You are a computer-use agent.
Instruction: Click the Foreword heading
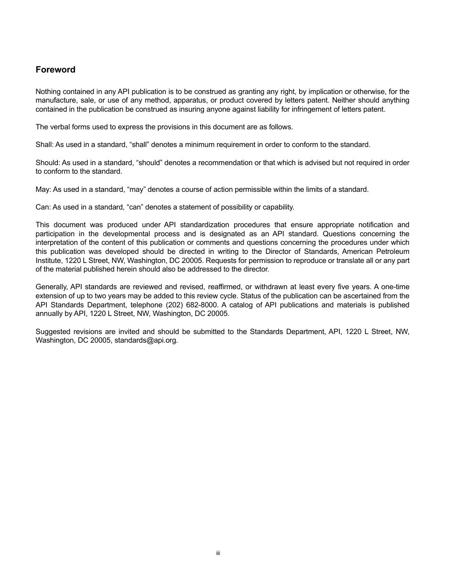point(55,70)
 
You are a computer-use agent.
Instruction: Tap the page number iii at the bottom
point(218,553)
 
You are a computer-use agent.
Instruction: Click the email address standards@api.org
point(146,341)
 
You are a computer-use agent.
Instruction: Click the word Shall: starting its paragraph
point(45,145)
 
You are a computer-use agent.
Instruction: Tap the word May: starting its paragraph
point(43,189)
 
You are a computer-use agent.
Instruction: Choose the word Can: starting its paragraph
point(43,207)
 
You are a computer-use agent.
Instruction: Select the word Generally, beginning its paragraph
point(52,287)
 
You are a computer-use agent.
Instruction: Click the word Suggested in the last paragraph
point(53,332)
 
